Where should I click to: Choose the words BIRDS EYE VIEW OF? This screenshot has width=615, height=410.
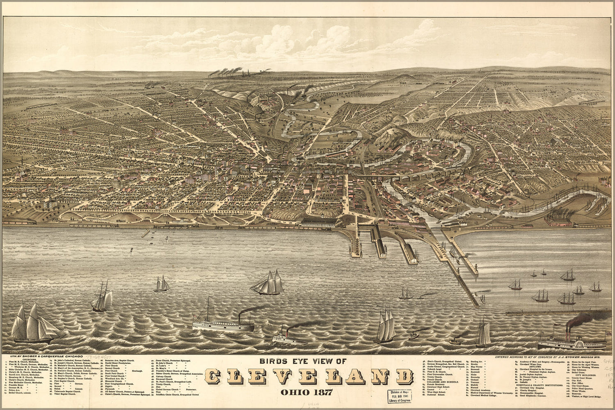(303, 362)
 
